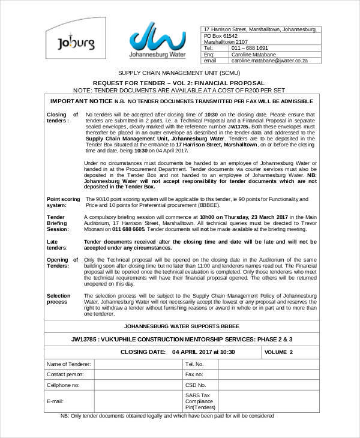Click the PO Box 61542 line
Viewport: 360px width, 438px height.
pos(225,35)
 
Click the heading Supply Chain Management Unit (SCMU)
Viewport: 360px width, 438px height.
pos(179,72)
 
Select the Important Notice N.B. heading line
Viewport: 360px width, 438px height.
pos(181,101)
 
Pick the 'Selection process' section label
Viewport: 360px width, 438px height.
pos(59,299)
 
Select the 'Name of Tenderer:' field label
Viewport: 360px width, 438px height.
pos(69,364)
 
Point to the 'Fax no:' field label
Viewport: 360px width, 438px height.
pos(194,374)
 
